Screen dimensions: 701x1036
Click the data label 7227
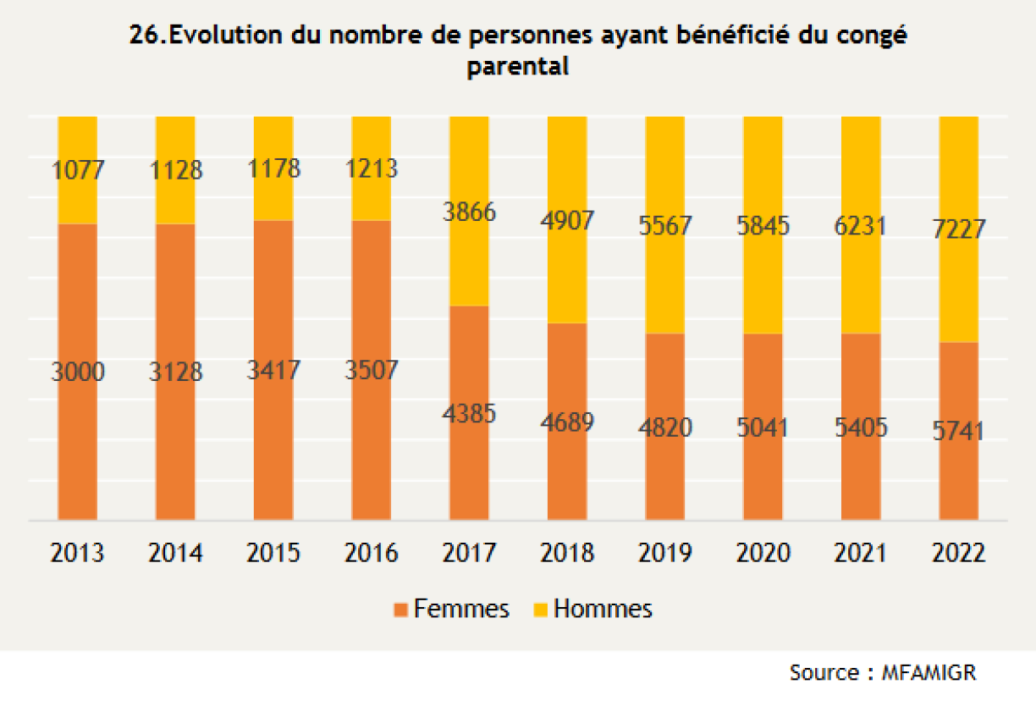click(x=960, y=229)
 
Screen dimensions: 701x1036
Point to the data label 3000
click(x=78, y=371)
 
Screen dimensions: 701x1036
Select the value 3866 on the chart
click(x=469, y=212)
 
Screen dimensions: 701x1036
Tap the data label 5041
click(x=763, y=428)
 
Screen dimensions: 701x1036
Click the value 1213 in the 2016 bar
click(x=372, y=168)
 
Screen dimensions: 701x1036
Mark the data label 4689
click(x=567, y=422)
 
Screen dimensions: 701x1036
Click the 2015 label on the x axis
click(x=273, y=554)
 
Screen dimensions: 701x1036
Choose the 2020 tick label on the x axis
click(x=763, y=554)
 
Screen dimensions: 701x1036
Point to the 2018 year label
click(x=567, y=554)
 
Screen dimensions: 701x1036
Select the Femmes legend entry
click(x=452, y=609)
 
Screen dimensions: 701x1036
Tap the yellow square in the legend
click(x=539, y=610)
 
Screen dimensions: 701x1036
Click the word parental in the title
click(x=518, y=67)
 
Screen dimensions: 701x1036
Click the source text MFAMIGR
click(x=929, y=673)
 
